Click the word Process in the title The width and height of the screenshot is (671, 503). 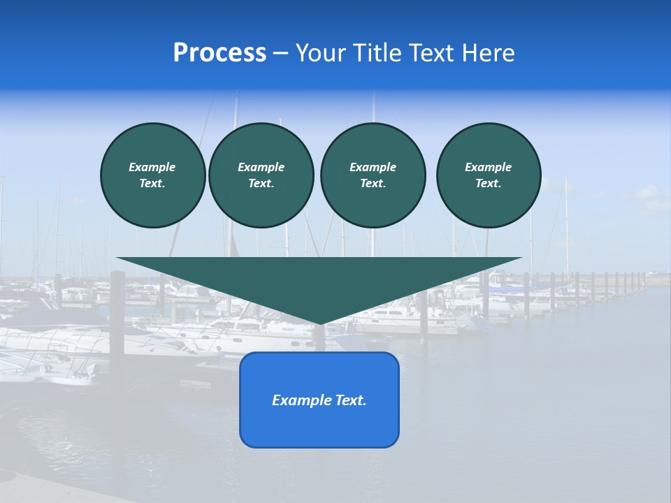(x=219, y=53)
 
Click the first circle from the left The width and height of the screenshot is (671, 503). (x=152, y=175)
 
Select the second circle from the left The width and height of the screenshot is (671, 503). (x=261, y=175)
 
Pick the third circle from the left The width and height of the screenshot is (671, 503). (x=373, y=175)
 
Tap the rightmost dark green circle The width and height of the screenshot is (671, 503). (x=489, y=175)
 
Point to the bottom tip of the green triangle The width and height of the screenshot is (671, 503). (x=319, y=323)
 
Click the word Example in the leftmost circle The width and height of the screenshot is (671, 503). (x=152, y=167)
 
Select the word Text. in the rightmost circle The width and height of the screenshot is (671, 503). (x=489, y=183)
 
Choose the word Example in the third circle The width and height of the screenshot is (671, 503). (x=373, y=167)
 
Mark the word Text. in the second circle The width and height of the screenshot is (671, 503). (x=261, y=183)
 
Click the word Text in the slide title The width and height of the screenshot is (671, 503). (x=433, y=53)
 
